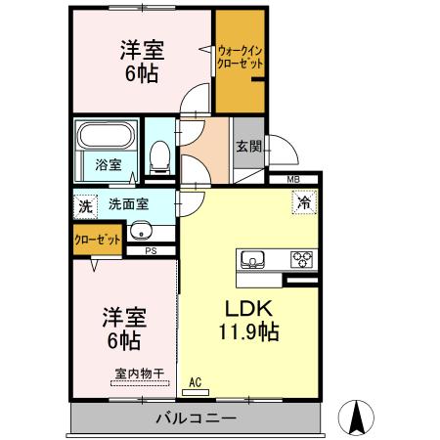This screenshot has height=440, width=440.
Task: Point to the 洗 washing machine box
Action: (x=85, y=206)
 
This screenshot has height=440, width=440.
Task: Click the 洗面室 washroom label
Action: (x=128, y=206)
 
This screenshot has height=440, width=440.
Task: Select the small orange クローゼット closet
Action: (x=97, y=239)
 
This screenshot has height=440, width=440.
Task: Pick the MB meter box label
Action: (x=293, y=180)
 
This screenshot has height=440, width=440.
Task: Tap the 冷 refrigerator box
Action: (x=304, y=204)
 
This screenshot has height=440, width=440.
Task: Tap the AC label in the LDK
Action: (x=195, y=381)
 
